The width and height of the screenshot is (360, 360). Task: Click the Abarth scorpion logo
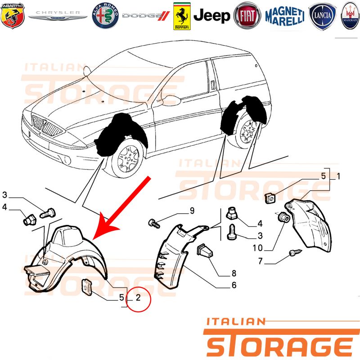point(13,16)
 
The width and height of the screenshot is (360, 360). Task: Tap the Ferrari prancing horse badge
point(182,16)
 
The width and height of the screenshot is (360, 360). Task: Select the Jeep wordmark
point(211,16)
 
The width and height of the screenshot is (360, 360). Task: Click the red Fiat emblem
point(247,16)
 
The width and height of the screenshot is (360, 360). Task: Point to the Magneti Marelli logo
point(285,16)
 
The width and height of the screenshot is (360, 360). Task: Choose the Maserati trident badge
point(351,16)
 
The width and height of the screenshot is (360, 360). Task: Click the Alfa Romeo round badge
point(105,16)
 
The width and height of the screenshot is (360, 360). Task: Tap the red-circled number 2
point(138,297)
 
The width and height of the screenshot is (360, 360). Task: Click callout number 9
point(192,211)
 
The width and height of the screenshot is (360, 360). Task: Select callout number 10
point(257,248)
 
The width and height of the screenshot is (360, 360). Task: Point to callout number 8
point(234,273)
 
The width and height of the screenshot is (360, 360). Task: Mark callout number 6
point(234,285)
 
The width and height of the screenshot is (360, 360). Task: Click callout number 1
point(338,176)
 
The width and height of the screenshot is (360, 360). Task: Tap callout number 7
point(261,261)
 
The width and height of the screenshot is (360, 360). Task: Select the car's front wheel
point(127,158)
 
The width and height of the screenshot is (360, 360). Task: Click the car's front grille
point(47,126)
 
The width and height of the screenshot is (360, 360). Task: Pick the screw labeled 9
point(154,223)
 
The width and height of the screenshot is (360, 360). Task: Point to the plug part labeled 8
point(205,251)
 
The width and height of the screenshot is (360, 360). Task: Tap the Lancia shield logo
point(322,16)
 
